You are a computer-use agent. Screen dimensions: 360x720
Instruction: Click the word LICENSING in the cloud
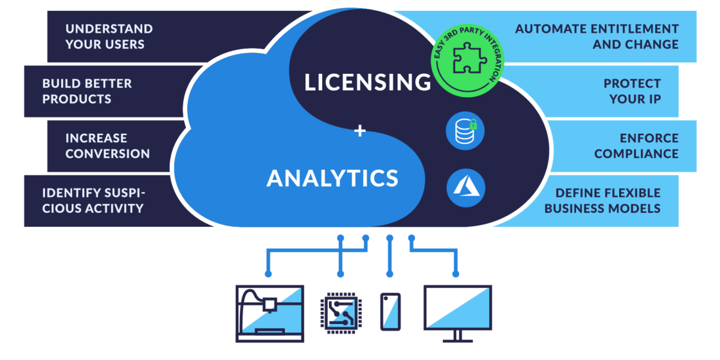click(367, 82)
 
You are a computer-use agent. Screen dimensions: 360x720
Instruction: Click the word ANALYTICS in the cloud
click(332, 178)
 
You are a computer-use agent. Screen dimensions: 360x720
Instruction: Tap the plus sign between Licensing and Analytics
click(360, 130)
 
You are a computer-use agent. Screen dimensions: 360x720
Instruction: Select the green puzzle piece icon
click(467, 59)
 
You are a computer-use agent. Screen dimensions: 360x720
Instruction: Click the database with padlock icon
click(465, 130)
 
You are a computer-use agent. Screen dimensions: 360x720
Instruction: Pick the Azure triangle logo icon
click(466, 187)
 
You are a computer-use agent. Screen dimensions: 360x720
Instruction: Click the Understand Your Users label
click(109, 37)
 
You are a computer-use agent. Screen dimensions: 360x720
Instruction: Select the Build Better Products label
click(87, 91)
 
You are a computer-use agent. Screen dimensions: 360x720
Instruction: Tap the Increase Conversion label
click(107, 146)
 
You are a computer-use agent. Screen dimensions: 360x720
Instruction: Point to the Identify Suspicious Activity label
click(93, 200)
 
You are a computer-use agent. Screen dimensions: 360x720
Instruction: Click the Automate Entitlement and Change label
click(596, 37)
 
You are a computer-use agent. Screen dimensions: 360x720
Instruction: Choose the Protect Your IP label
click(632, 91)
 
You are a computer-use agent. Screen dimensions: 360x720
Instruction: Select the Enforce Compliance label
click(636, 146)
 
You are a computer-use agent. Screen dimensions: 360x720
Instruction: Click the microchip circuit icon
click(340, 312)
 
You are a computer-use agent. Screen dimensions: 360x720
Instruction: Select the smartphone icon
click(390, 311)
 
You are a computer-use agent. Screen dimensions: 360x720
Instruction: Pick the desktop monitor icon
click(458, 307)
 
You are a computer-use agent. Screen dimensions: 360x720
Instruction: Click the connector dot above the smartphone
click(390, 274)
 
